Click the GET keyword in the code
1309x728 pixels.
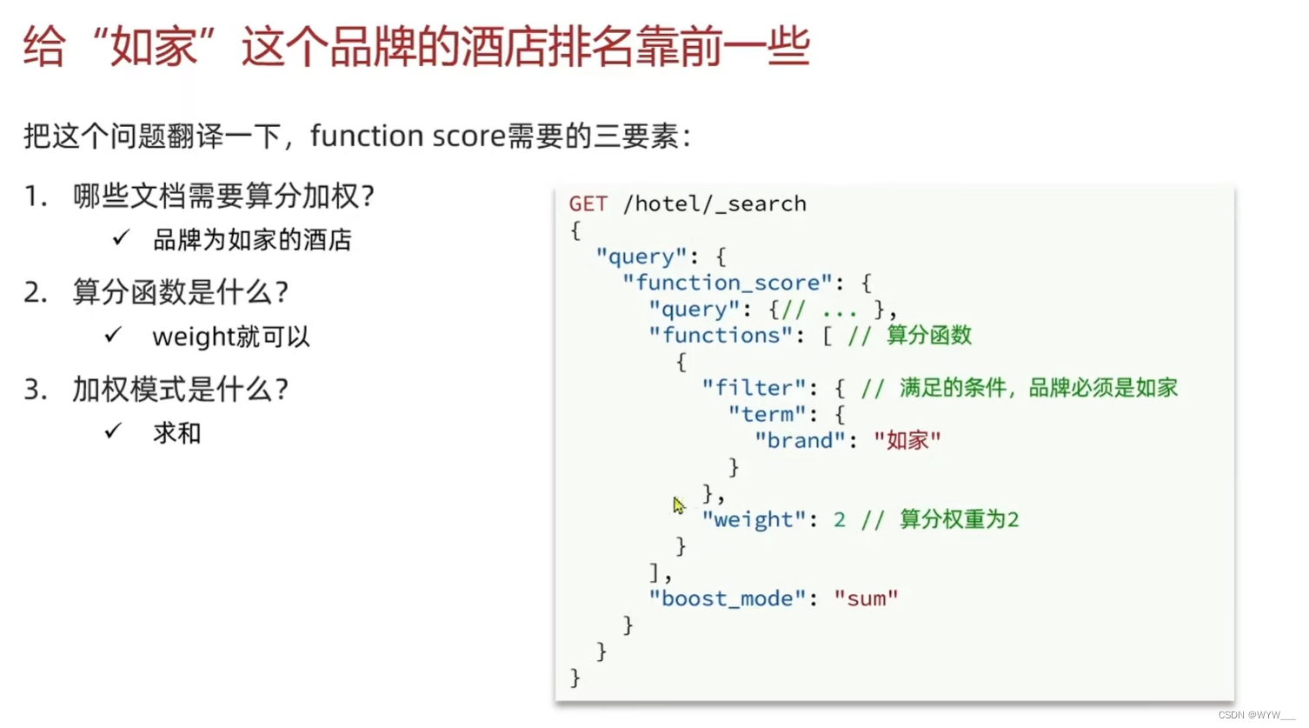point(588,204)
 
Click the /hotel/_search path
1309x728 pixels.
point(714,204)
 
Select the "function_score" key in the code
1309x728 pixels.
point(727,284)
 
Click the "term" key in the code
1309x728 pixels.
point(767,415)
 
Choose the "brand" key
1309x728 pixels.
point(800,441)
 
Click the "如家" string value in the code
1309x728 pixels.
point(907,441)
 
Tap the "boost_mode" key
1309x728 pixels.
point(727,599)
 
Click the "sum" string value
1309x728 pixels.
point(866,599)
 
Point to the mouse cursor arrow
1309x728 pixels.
point(679,505)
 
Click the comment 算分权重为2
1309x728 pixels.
point(959,520)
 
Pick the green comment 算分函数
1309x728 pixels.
point(928,336)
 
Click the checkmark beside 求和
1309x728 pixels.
point(113,431)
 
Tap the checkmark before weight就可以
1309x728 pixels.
point(113,335)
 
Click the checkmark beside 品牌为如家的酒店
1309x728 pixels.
point(121,238)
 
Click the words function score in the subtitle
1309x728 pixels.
point(407,137)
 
